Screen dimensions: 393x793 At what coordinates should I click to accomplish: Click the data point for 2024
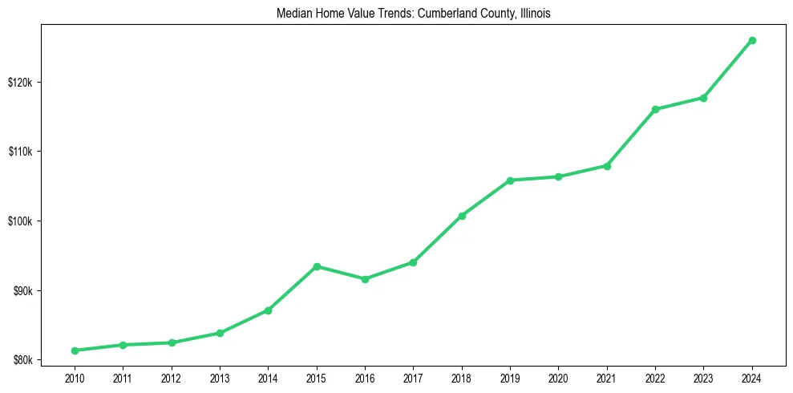(752, 40)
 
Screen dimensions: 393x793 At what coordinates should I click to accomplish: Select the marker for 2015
(317, 266)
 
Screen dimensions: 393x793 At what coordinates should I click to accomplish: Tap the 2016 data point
(365, 279)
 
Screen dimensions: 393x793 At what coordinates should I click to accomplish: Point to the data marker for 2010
(75, 350)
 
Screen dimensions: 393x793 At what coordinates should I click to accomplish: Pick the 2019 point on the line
(510, 180)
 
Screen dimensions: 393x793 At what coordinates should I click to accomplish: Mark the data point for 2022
(655, 109)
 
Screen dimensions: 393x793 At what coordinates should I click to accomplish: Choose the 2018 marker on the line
(462, 216)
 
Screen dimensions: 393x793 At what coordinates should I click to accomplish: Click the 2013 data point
(220, 333)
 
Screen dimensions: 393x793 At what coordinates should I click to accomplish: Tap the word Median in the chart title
(293, 14)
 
